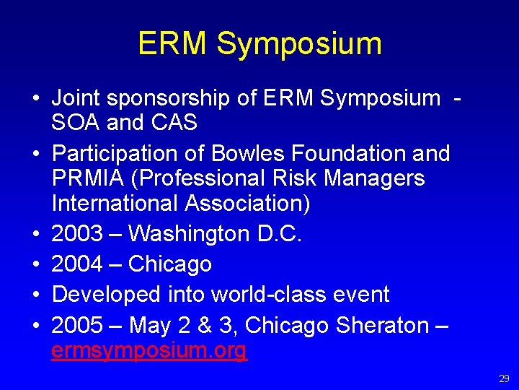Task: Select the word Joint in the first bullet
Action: tap(76, 97)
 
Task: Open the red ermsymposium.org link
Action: tap(149, 351)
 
